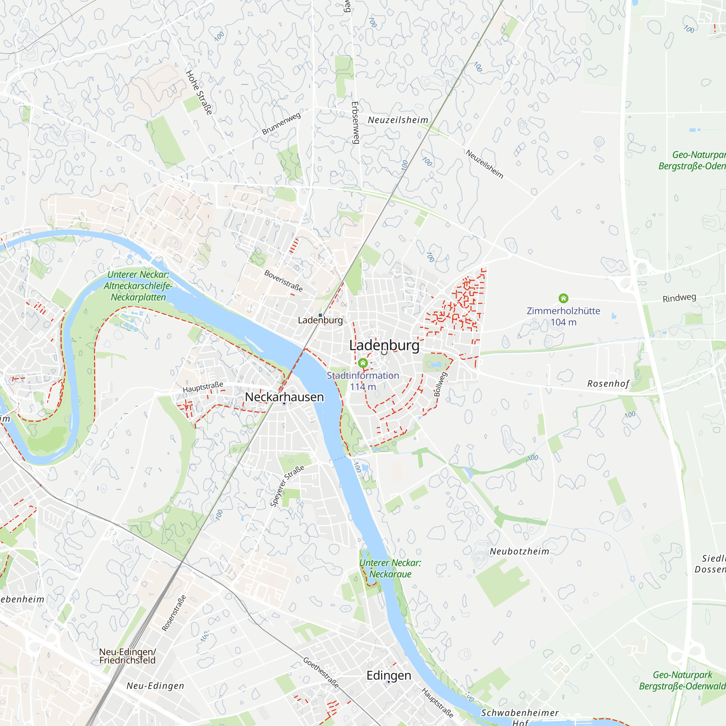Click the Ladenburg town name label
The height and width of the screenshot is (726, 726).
coord(384,345)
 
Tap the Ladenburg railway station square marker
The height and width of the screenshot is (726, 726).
coord(320,315)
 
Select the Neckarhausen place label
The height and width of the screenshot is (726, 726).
coord(284,397)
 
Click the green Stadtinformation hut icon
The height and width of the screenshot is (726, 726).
coord(363,363)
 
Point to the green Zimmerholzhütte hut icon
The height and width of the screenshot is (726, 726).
coord(563,298)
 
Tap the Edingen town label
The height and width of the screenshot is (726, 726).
coord(388,675)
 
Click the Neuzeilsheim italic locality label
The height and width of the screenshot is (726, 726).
coord(398,120)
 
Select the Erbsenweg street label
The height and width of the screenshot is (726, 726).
coord(355,122)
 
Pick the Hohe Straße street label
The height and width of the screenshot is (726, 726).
coord(199,93)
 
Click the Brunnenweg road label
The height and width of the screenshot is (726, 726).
coord(281,123)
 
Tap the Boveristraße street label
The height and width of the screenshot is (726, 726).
coord(284,281)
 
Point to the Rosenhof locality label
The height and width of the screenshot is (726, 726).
coord(608,384)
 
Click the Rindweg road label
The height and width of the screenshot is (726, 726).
coord(679,298)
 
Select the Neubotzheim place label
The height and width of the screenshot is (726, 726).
coord(519,551)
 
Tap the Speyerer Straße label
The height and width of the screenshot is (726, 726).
coord(287,486)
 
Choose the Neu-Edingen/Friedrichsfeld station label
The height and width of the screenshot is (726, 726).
coord(127,656)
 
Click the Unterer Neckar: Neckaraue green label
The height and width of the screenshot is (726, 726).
coord(390,568)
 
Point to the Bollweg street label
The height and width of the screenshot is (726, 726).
coord(440,384)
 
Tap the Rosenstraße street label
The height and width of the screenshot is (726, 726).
coord(174,613)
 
